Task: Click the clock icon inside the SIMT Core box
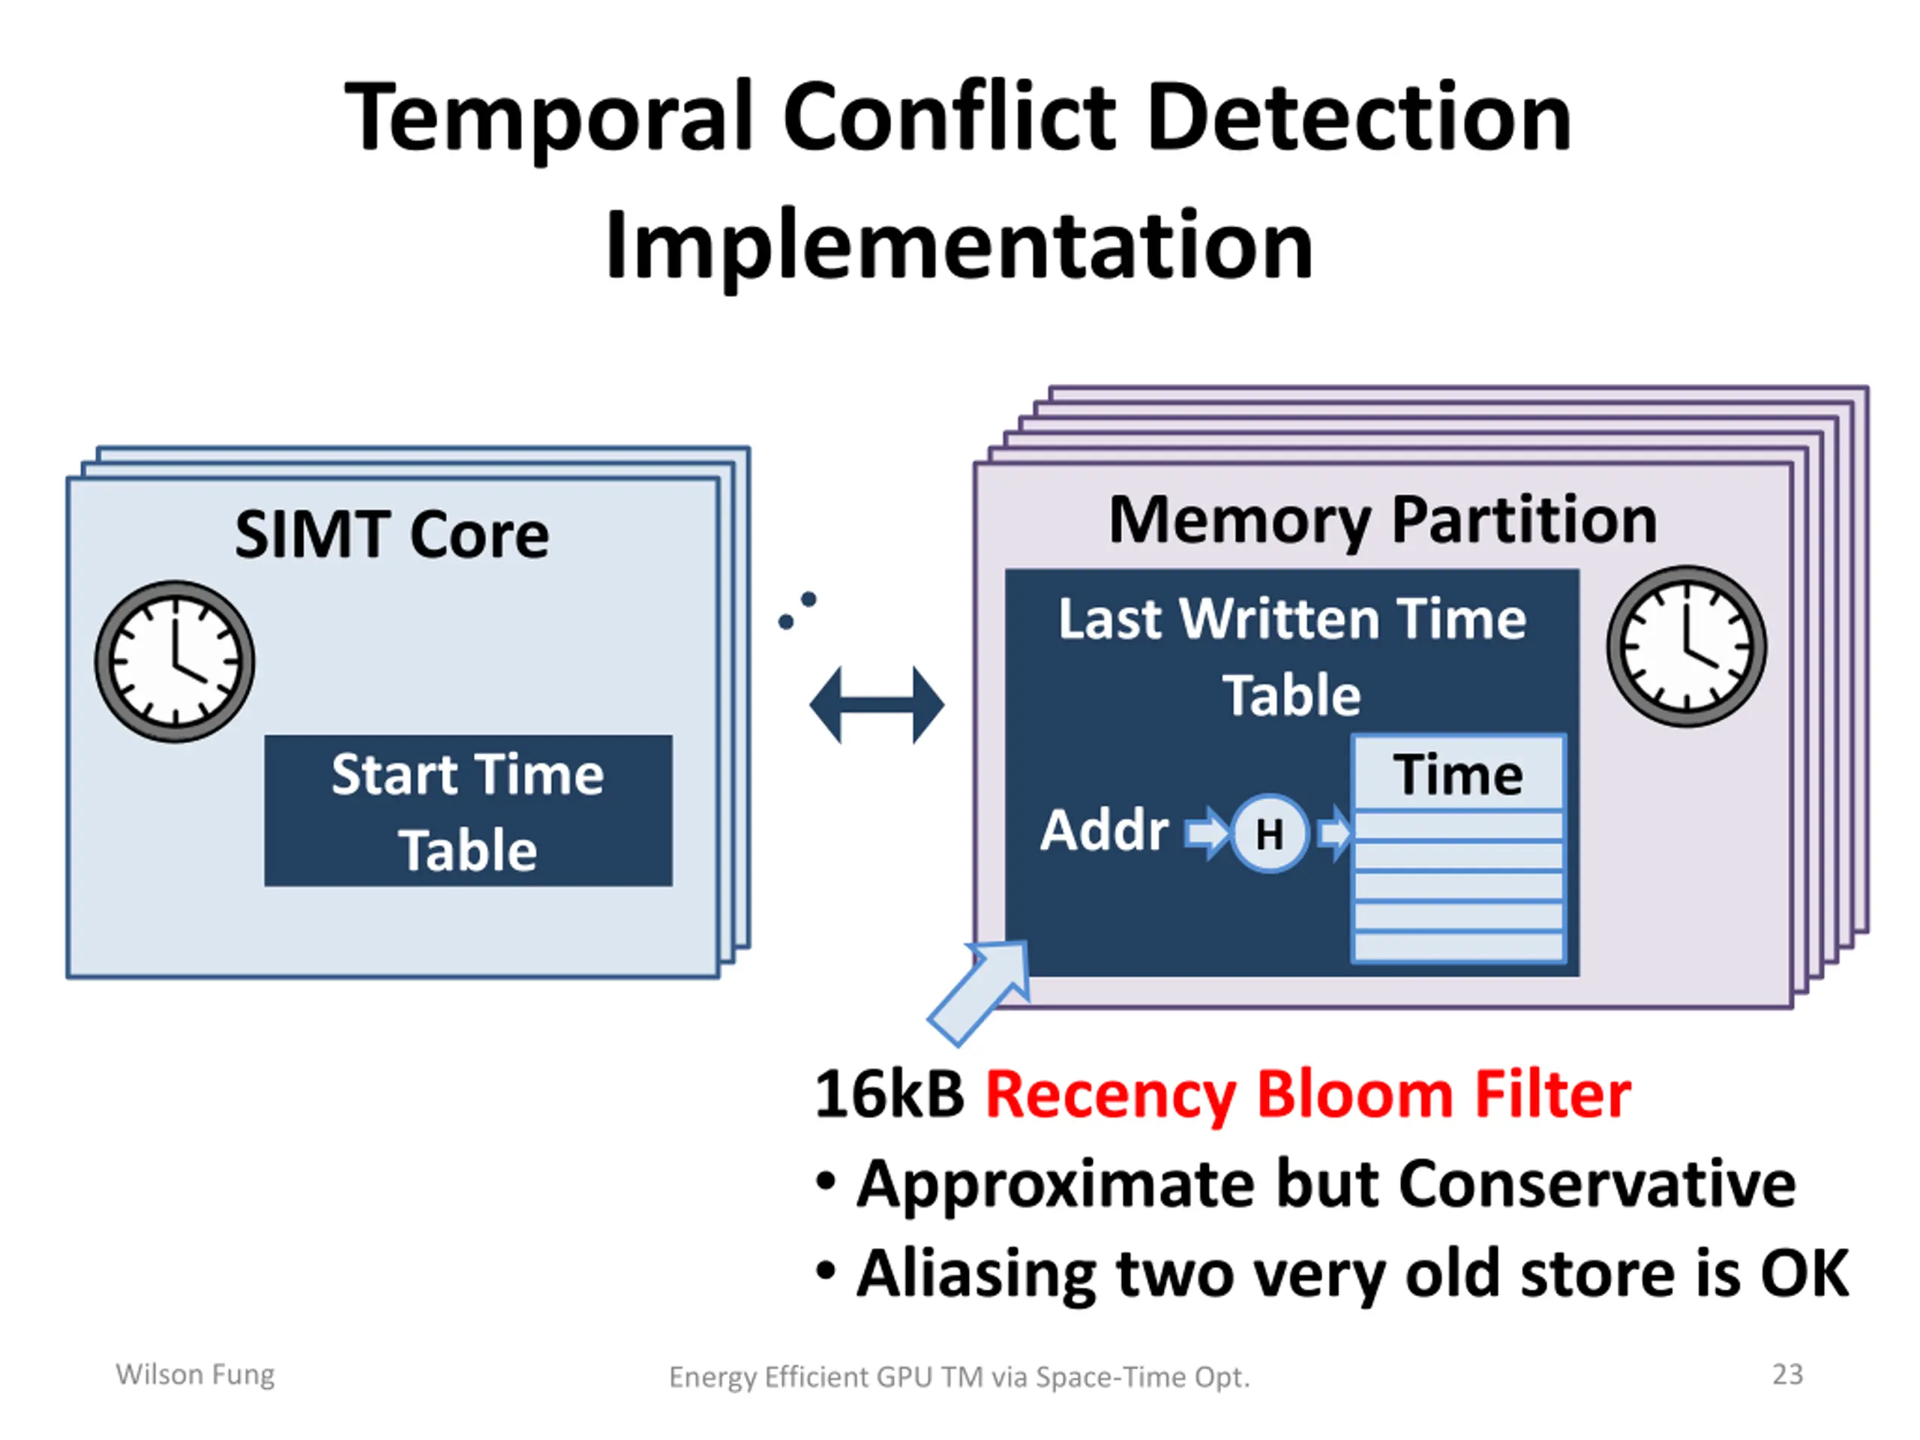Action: tap(175, 661)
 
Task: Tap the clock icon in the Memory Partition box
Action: tap(1687, 646)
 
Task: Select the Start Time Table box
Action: tap(468, 811)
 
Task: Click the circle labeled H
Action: tap(1269, 833)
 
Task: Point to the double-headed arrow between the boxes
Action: tap(877, 706)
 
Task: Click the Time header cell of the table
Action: tap(1458, 774)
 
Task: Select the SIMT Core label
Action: tap(391, 534)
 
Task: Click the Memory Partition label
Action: tap(1383, 520)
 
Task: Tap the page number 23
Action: tap(1787, 1374)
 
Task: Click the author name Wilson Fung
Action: tap(195, 1375)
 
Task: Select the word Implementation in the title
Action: tap(959, 246)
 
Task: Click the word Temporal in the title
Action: tap(548, 119)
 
